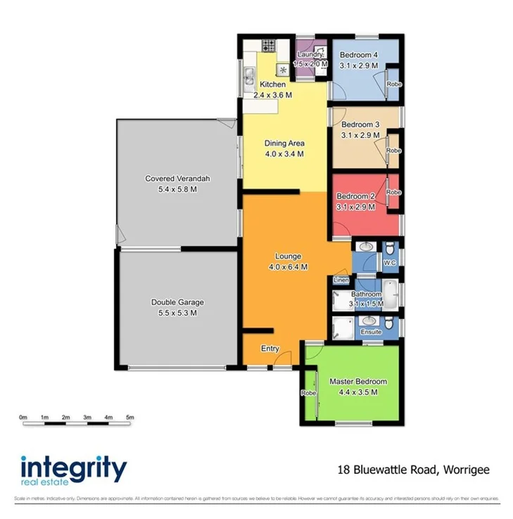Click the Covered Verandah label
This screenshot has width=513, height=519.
tap(177, 179)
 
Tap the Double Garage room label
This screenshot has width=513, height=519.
tap(177, 303)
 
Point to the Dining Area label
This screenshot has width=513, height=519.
tap(284, 144)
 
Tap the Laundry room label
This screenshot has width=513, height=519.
tap(310, 55)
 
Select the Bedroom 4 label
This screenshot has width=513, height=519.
tap(359, 56)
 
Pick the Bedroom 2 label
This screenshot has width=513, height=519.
tap(355, 196)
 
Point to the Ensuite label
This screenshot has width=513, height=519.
tap(371, 332)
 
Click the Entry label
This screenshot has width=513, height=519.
tap(270, 349)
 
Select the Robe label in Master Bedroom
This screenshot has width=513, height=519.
tap(308, 393)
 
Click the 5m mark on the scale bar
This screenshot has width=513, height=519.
tap(130, 418)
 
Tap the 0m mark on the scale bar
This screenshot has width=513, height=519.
tap(23, 418)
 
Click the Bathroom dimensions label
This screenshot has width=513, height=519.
tap(367, 304)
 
